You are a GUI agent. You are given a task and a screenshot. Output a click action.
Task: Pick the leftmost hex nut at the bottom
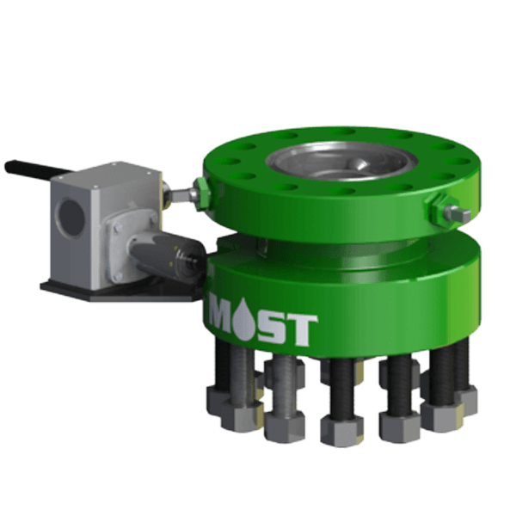222,399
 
